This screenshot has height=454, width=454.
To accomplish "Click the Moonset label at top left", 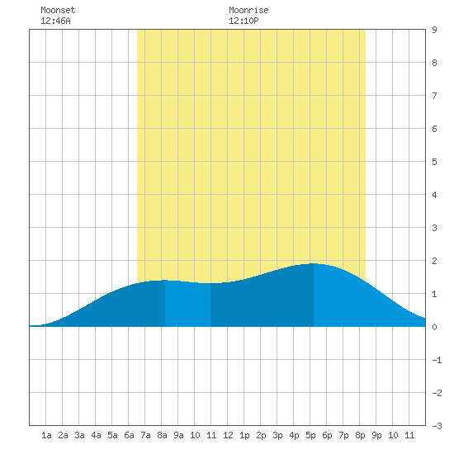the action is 58,10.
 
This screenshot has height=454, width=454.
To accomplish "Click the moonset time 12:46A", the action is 55,21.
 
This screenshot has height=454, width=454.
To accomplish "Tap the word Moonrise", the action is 248,10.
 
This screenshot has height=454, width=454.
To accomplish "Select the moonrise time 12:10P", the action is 244,21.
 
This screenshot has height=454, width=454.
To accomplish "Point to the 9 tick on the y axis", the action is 434,30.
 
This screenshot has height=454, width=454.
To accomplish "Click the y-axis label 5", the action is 434,162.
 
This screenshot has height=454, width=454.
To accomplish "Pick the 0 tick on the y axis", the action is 434,327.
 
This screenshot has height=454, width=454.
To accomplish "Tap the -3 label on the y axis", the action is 437,426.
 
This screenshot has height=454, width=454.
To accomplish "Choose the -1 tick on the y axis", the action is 437,360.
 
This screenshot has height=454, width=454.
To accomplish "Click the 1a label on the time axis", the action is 46,435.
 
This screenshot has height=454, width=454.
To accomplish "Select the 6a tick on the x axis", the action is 129,435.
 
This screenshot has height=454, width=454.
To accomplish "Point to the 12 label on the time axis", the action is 228,435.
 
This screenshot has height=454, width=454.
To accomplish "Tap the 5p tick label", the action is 310,435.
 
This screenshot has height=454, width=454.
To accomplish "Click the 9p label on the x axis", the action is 376,435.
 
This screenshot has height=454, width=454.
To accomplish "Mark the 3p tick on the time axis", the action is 277,435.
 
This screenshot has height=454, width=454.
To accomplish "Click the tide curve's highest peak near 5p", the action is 314,263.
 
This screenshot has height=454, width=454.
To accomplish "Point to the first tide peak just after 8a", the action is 165,280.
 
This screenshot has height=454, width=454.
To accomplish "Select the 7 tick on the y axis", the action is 434,96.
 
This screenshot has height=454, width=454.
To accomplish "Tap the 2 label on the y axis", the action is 434,261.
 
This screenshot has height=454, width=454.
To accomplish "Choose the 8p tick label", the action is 360,435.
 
